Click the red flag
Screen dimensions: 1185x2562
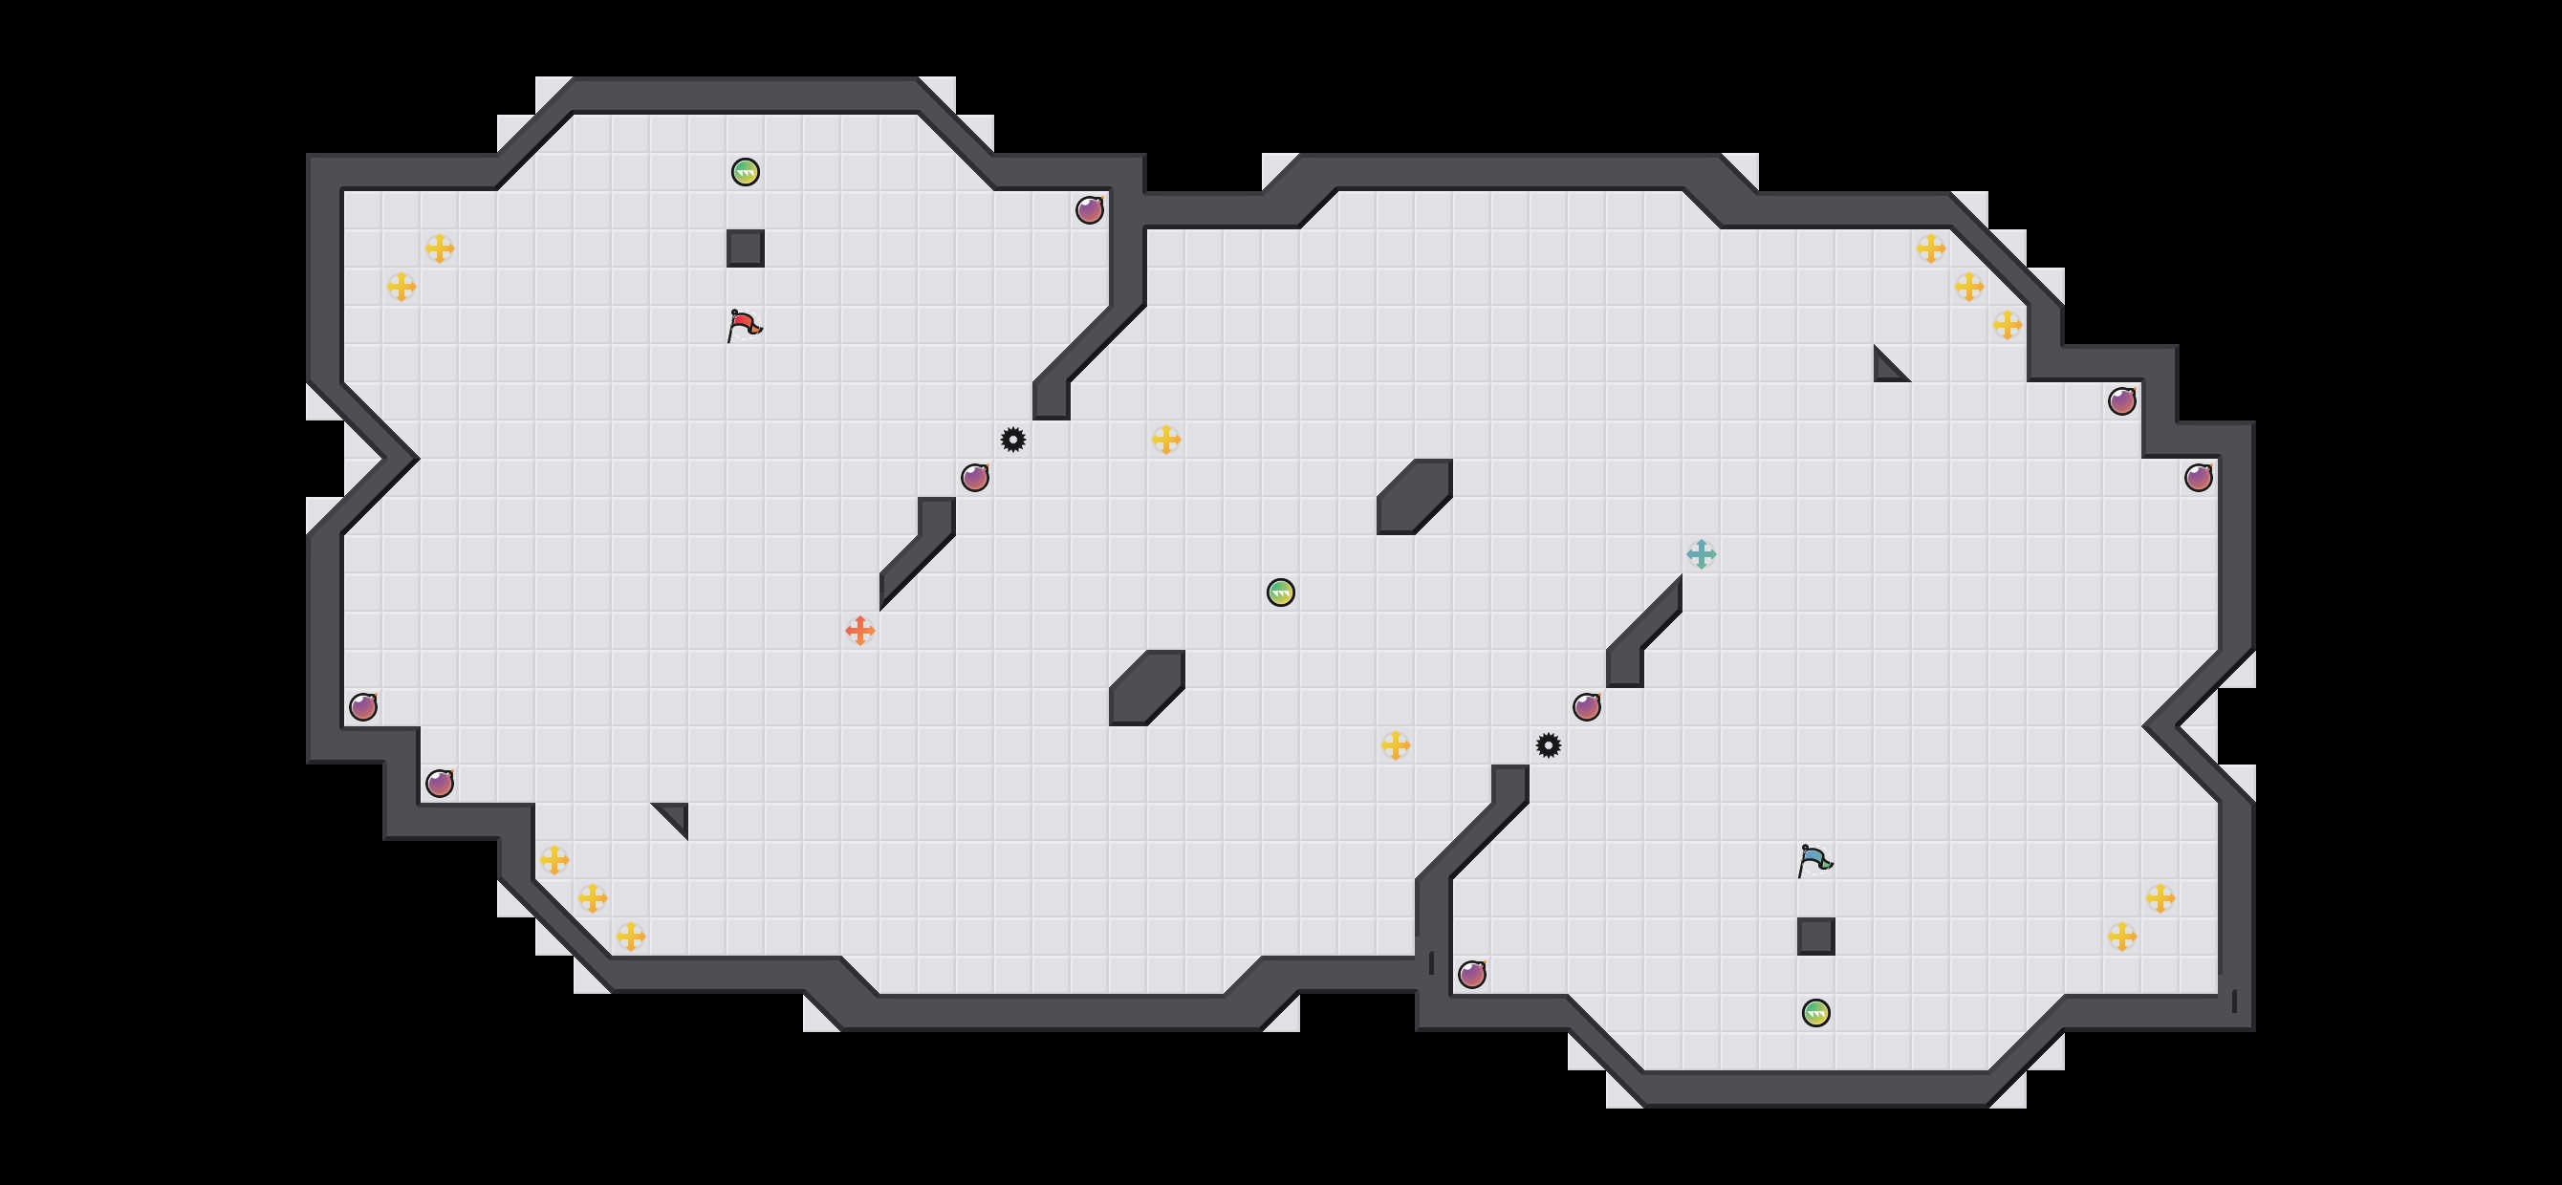click(743, 325)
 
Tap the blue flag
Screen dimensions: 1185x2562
click(1814, 860)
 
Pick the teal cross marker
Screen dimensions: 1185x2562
click(1701, 553)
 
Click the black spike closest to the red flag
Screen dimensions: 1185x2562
click(1012, 440)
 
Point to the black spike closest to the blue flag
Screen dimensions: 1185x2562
click(1548, 745)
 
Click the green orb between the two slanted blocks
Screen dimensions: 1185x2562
click(1280, 592)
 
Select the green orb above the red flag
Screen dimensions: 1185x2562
click(745, 172)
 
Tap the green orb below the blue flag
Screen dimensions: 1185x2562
click(1815, 1013)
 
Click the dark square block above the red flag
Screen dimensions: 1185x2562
click(745, 248)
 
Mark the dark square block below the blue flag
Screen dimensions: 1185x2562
click(1815, 937)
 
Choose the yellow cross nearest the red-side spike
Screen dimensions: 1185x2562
click(1165, 440)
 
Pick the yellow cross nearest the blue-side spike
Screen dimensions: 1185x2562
click(1396, 745)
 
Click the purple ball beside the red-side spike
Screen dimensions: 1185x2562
click(975, 478)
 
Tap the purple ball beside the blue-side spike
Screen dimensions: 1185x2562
click(1586, 707)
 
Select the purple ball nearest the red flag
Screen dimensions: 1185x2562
click(975, 478)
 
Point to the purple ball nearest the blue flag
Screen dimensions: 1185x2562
click(1586, 707)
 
